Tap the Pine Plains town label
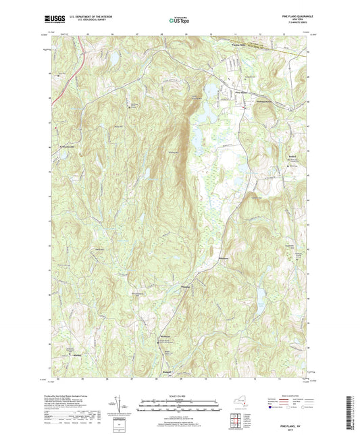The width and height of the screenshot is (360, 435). tap(240, 92)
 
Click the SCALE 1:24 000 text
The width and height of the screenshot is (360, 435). tap(179, 396)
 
